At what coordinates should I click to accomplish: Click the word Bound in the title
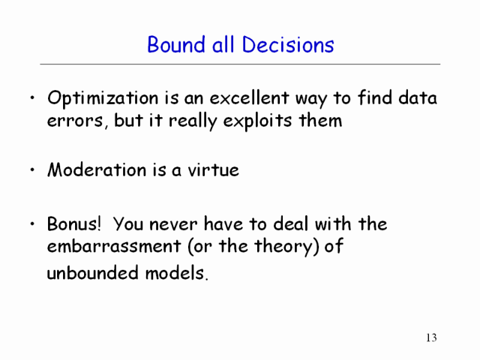(175, 45)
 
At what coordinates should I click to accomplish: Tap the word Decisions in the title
(288, 45)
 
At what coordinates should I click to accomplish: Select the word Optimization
(103, 99)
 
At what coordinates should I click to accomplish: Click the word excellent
(249, 98)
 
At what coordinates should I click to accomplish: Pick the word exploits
(257, 121)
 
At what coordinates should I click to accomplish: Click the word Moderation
(97, 169)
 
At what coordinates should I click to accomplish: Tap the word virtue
(213, 169)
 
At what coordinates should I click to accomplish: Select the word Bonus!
(73, 223)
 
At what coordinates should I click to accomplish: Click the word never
(173, 224)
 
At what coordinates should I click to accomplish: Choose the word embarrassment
(114, 246)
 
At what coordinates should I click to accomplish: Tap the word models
(177, 272)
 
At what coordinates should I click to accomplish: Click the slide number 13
(431, 337)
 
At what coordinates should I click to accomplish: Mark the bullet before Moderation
(32, 170)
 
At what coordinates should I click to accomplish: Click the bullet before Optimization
(32, 98)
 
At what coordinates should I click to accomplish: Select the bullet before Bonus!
(32, 224)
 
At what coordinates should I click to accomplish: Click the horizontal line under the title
(240, 64)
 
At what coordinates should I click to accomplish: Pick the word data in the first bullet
(418, 98)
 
